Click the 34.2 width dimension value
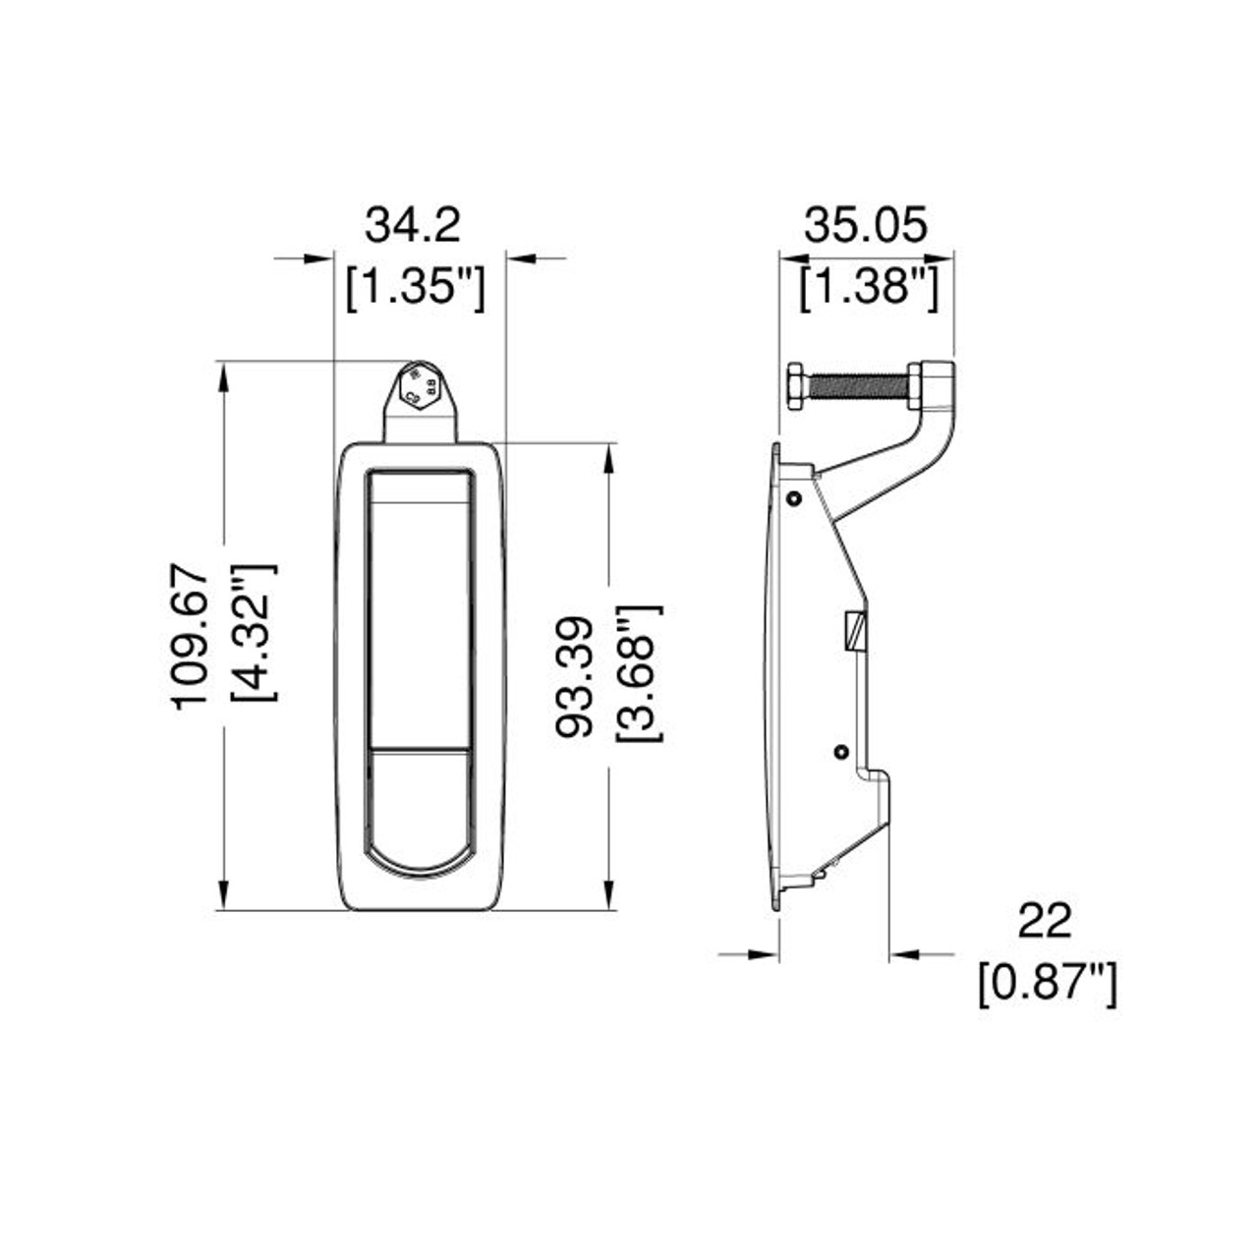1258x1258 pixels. coord(413,227)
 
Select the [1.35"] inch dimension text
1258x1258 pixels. coord(416,289)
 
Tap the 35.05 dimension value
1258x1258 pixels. coord(866,226)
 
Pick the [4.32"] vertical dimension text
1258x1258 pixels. coord(253,633)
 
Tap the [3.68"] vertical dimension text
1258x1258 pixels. coord(638,673)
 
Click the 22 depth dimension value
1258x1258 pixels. coord(1044,922)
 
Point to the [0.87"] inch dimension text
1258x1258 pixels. coord(1048,984)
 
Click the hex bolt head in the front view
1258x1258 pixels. coord(421,385)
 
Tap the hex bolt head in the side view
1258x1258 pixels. coord(795,386)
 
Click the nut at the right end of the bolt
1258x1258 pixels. coord(916,386)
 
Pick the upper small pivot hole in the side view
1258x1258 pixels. coord(794,499)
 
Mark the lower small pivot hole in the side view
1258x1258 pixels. coord(839,752)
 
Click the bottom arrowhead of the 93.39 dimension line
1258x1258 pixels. coord(609,899)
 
